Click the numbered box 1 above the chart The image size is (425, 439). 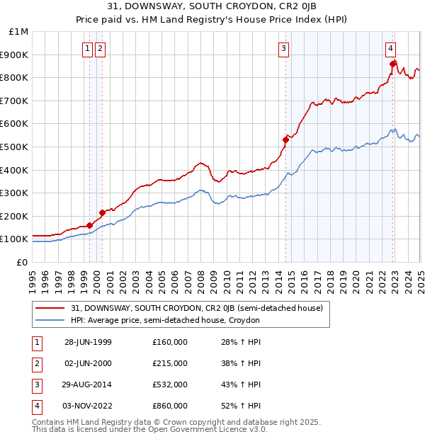87,49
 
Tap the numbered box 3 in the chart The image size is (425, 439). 283,49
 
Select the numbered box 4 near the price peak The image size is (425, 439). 390,49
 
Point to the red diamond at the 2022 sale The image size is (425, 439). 392,64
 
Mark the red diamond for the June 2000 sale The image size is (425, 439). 102,212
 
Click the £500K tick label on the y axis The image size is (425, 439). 14,147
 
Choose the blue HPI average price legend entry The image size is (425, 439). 164,320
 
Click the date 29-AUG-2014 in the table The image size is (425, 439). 88,385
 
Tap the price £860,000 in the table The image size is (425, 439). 170,406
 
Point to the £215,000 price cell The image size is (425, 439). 170,364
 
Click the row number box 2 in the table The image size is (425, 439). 35,364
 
